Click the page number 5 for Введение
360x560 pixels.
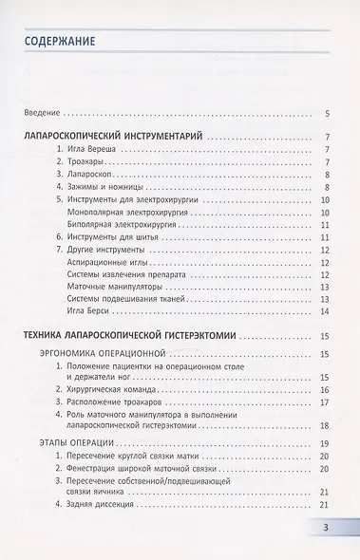pyautogui.click(x=326, y=113)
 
